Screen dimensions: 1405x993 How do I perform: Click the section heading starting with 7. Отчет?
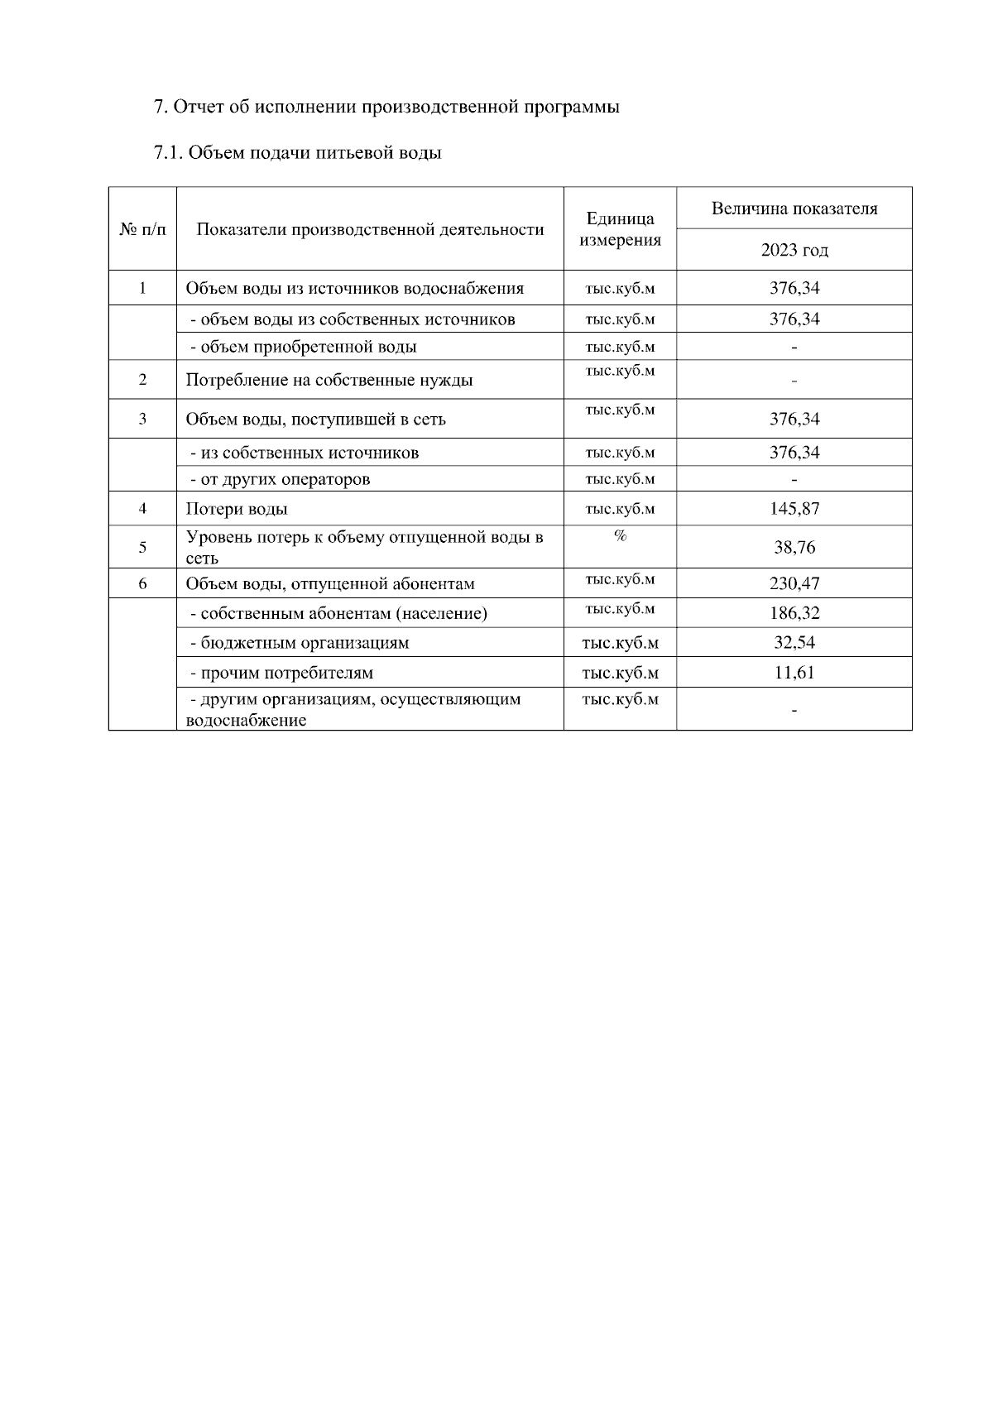click(386, 107)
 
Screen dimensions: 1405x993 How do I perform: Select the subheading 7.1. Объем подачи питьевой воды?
click(297, 153)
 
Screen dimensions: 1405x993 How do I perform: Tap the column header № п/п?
click(142, 229)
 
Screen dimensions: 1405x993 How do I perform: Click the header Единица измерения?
click(620, 229)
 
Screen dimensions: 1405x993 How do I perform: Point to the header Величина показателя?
click(794, 209)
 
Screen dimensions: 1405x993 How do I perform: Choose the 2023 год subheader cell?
click(794, 250)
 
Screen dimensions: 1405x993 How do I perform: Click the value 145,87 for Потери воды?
click(794, 509)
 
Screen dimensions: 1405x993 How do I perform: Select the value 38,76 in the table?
click(794, 548)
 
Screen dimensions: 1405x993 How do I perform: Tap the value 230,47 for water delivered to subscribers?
click(794, 584)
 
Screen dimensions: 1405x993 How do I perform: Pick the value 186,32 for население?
click(794, 613)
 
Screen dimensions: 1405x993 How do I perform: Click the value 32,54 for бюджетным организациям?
click(794, 643)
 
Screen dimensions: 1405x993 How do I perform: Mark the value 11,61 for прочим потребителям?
click(794, 673)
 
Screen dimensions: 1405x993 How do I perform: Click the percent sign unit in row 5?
click(620, 536)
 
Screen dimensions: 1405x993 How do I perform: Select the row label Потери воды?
click(237, 510)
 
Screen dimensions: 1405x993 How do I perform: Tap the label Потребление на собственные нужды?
click(329, 381)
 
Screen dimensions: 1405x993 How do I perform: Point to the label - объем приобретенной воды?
click(303, 347)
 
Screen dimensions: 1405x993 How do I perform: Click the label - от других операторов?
click(280, 480)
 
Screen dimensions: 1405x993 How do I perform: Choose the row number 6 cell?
click(142, 583)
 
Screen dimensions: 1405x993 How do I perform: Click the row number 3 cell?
click(142, 419)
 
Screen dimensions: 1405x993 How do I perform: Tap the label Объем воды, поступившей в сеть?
click(315, 420)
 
